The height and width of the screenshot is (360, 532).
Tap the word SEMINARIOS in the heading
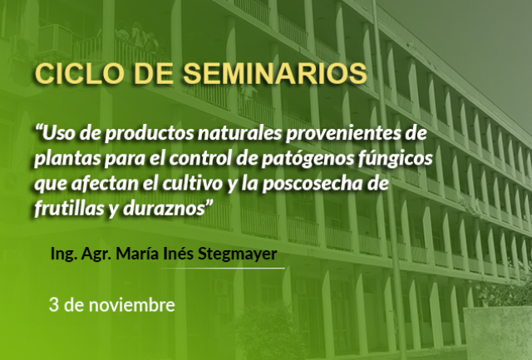coord(275,73)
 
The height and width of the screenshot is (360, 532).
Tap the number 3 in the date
coord(54,304)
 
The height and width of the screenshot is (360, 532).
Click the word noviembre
coord(132,304)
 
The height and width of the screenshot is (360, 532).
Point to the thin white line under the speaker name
coord(223,268)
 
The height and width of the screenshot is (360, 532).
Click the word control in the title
coord(199,159)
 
